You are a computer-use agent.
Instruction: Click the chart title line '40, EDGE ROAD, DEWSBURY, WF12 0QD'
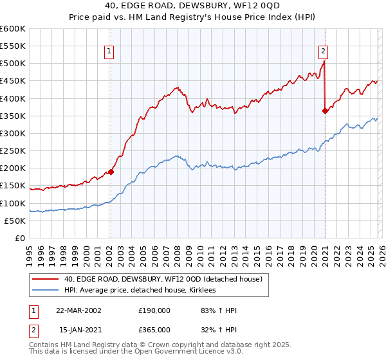click(193, 6)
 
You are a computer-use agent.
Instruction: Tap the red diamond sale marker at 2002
click(111, 172)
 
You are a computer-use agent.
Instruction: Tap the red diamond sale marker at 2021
click(325, 111)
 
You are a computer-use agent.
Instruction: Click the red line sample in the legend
click(45, 280)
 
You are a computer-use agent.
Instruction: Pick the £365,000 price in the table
click(154, 329)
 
